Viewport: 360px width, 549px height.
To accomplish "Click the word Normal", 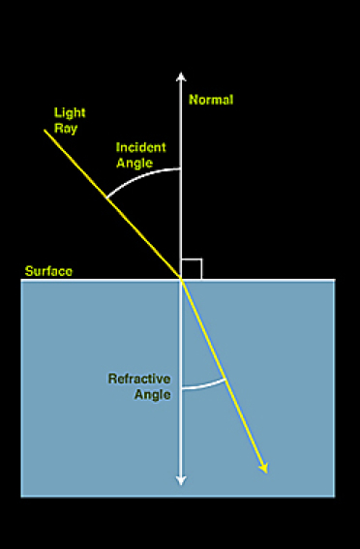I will (211, 100).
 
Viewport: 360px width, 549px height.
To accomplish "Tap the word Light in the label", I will (69, 113).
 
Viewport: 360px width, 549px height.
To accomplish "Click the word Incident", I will (140, 147).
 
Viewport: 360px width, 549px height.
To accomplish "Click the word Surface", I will (47, 271).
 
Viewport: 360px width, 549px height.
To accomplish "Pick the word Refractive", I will (139, 378).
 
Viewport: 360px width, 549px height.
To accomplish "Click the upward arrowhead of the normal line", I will (181, 76).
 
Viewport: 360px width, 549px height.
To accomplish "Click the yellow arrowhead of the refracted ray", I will (262, 468).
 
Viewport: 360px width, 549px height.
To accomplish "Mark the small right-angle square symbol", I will (191, 268).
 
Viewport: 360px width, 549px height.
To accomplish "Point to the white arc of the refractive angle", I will (203, 386).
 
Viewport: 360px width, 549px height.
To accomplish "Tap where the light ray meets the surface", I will (181, 279).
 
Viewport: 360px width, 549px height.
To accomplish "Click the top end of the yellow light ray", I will (45, 130).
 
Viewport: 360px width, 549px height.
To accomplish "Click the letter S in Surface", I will (27, 271).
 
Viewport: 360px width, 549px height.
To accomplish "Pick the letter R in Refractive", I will (112, 378).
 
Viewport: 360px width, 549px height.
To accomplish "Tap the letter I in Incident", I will (118, 147).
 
